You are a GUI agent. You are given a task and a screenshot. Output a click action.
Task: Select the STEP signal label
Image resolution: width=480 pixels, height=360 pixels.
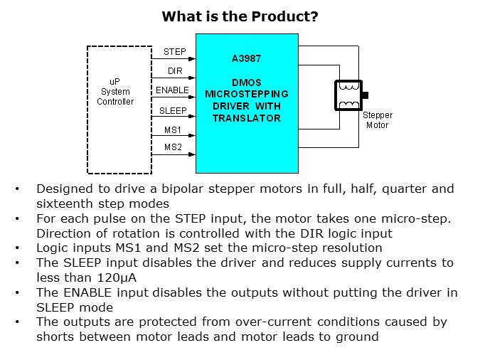pos(174,52)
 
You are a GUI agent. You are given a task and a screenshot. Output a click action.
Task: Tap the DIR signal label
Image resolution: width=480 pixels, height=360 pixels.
pos(175,71)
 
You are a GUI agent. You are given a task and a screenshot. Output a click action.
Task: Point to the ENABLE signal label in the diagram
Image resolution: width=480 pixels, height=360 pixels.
pos(173,90)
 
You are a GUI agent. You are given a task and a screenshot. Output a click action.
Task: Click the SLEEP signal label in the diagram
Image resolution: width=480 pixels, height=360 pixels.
pos(173,110)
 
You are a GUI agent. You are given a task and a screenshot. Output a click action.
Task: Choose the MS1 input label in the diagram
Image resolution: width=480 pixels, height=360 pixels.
pos(173,129)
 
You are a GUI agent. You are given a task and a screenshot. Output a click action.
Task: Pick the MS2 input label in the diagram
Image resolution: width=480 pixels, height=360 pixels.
pos(173,147)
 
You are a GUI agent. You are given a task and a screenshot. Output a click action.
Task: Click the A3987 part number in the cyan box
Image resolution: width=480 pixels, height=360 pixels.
pos(246,59)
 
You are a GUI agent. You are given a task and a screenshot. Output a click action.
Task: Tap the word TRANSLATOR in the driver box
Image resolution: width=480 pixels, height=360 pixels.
pos(247,119)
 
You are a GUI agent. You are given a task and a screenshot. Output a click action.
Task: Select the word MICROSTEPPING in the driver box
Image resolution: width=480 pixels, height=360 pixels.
pos(246,93)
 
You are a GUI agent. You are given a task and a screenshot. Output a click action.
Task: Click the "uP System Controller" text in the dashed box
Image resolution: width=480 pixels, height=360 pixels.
pos(115,92)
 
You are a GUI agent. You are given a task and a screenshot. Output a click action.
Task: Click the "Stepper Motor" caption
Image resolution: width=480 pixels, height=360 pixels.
pos(377,120)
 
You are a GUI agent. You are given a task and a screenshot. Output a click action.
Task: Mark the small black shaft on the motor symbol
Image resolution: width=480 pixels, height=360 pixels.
pos(366,95)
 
